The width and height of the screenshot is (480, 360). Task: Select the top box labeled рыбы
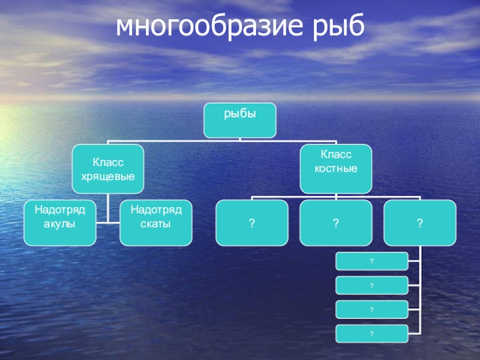coord(240,120)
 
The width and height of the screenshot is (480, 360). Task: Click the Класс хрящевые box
coord(108,170)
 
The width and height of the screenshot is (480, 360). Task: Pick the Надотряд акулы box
coord(60,223)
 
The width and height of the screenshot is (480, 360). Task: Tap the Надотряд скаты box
coord(156,223)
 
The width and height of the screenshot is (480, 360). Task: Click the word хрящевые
coord(108,177)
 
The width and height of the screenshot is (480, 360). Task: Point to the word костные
coord(336,169)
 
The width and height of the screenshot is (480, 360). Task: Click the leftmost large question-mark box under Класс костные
coord(252,223)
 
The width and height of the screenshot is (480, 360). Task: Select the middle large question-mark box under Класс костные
coord(336,223)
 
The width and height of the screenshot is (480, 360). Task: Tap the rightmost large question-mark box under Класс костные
coord(420,223)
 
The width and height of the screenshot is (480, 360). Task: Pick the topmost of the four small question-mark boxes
coord(372,261)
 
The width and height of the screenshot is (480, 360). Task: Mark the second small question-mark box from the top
coord(372,285)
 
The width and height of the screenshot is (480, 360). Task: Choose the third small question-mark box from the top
coord(372,309)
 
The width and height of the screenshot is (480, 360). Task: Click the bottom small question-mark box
coord(372,333)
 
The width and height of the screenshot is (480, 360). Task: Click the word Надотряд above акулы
coord(60,211)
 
